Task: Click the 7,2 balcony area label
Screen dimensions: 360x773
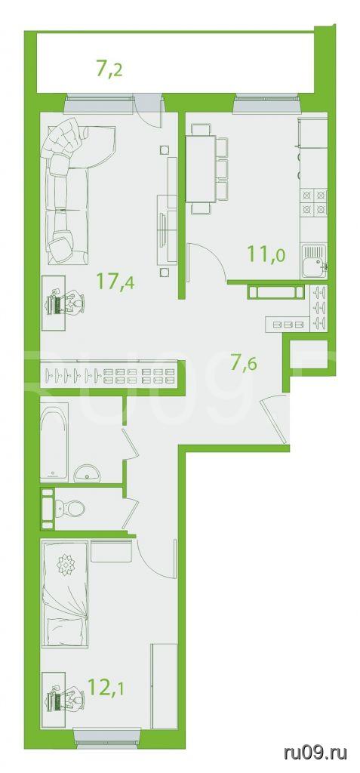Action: pyautogui.click(x=109, y=69)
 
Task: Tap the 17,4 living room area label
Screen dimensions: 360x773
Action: pyautogui.click(x=116, y=283)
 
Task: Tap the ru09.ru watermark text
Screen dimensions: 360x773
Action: pyautogui.click(x=315, y=753)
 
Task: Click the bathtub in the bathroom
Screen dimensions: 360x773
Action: pyautogui.click(x=55, y=442)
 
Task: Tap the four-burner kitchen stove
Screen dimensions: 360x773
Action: pyautogui.click(x=315, y=202)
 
